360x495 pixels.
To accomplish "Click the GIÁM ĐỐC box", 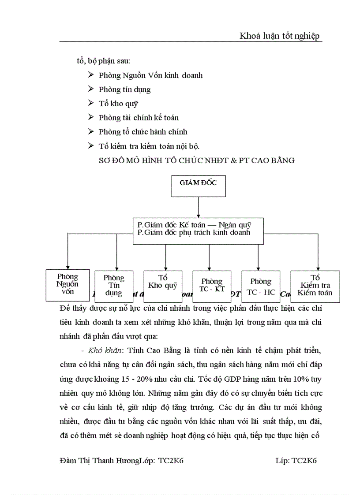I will click(198, 186).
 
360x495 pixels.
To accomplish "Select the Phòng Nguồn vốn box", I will click(67, 285).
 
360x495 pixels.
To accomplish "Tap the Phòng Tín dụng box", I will click(114, 286).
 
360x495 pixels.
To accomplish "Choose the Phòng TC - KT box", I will click(212, 285).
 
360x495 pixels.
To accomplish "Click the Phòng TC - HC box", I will click(261, 286).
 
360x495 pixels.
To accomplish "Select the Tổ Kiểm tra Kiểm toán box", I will click(315, 286).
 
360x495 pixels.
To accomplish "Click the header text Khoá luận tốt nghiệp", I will click(279, 36).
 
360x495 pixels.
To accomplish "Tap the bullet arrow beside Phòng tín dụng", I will click(90, 89).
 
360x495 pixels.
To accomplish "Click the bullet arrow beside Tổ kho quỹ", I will click(90, 103).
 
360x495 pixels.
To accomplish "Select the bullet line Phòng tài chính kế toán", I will click(139, 118).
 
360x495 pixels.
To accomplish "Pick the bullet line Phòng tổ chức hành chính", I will click(143, 132).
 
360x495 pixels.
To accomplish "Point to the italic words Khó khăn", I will click(103, 339).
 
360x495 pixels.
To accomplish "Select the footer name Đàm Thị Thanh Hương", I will click(98, 461).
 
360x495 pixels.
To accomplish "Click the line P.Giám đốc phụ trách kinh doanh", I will click(194, 232).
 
